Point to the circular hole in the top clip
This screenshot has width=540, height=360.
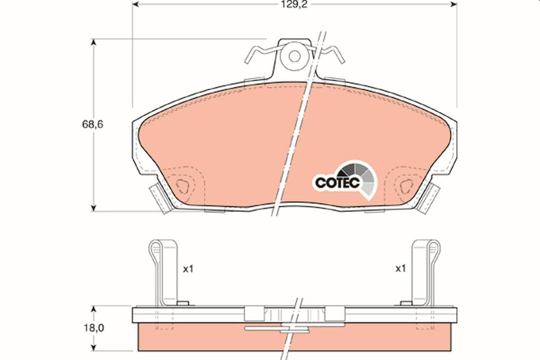[x=294, y=56]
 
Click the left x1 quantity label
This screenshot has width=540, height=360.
[x=188, y=268]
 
